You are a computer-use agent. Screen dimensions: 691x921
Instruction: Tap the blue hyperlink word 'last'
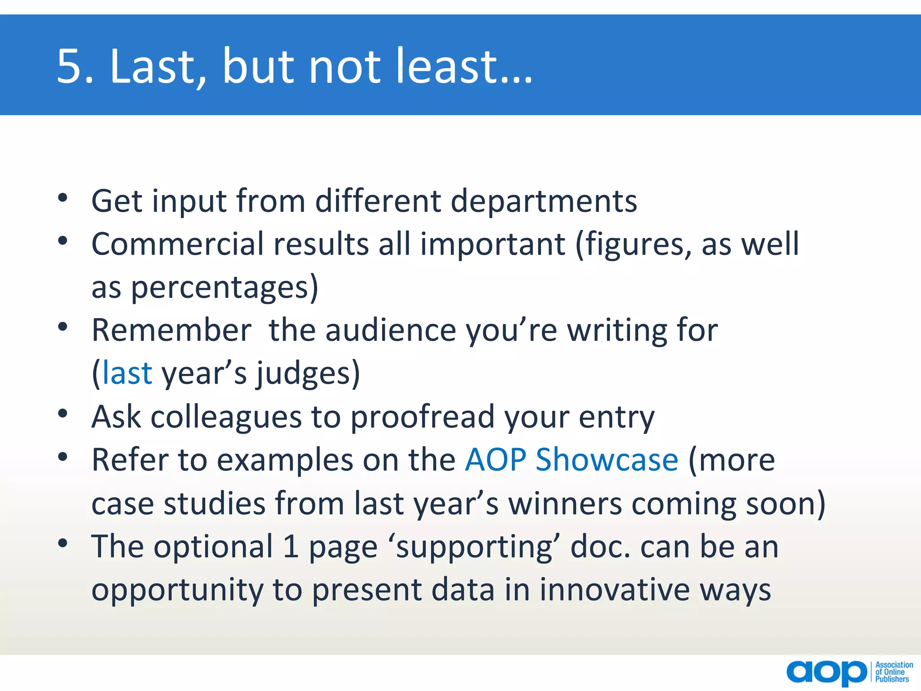pyautogui.click(x=127, y=373)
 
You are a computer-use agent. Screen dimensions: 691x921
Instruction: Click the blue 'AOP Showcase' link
pyautogui.click(x=572, y=460)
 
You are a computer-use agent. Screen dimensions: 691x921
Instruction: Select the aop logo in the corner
pyautogui.click(x=827, y=672)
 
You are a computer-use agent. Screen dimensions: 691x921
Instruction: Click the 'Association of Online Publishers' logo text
pyautogui.click(x=894, y=672)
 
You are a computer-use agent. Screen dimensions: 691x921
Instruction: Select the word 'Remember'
pyautogui.click(x=171, y=330)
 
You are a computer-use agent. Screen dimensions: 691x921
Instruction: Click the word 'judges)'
pyautogui.click(x=308, y=374)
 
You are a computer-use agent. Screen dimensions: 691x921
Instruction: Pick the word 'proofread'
pyautogui.click(x=422, y=417)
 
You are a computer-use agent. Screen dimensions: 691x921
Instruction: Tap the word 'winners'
pyautogui.click(x=565, y=503)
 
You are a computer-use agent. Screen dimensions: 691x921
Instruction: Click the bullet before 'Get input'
pyautogui.click(x=63, y=197)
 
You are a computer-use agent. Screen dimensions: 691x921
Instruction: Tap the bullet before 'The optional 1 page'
pyautogui.click(x=63, y=543)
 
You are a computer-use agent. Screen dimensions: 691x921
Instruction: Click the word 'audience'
pyautogui.click(x=391, y=330)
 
